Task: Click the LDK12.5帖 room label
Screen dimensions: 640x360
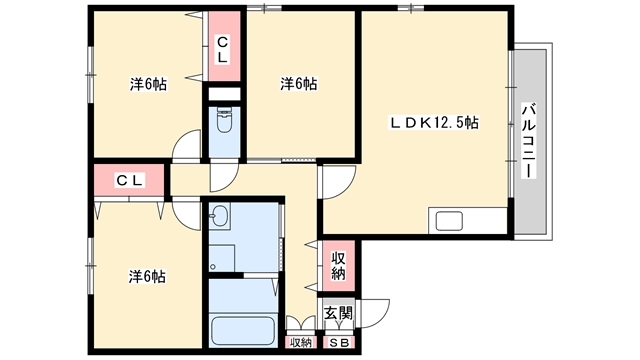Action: click(434, 122)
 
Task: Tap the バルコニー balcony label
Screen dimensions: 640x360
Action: click(529, 141)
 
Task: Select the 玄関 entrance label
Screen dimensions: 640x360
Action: click(338, 313)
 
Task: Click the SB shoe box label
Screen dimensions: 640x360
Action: click(339, 343)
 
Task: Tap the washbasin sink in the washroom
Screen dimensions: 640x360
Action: click(220, 215)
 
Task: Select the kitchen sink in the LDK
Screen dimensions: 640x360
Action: click(449, 221)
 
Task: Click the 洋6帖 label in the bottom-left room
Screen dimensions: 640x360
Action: click(147, 277)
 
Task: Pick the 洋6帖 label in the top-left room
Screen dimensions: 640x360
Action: click(148, 84)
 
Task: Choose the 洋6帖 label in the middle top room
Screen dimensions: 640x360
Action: click(298, 84)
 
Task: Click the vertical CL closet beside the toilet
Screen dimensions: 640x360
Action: click(224, 46)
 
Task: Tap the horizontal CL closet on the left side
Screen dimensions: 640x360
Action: click(129, 180)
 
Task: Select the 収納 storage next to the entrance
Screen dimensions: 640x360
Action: click(338, 266)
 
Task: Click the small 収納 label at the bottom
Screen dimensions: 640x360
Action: click(301, 343)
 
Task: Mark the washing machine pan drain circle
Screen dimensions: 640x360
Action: click(213, 267)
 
